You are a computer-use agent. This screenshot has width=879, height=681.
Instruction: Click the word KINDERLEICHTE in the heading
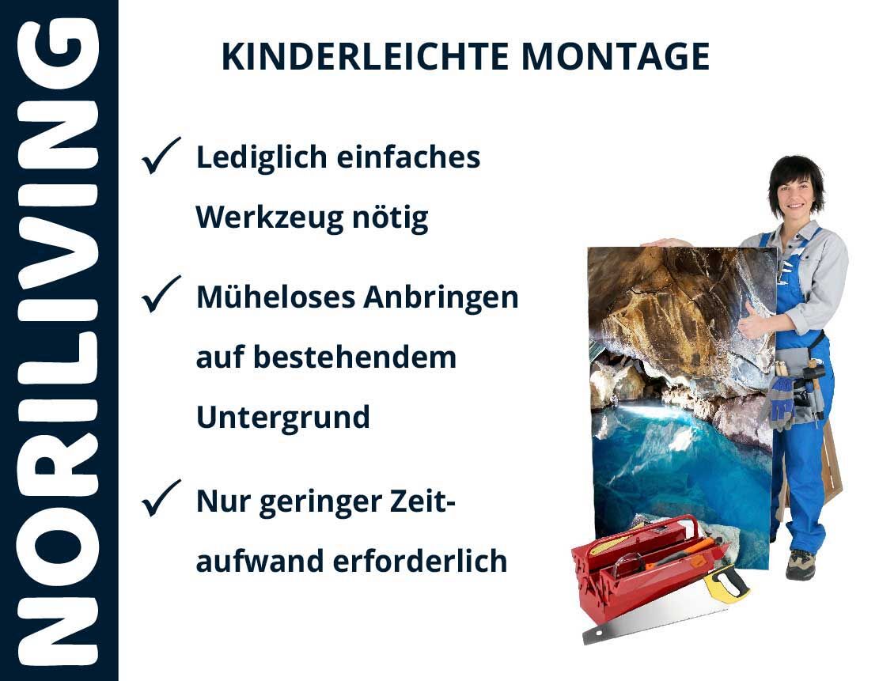pos(365,57)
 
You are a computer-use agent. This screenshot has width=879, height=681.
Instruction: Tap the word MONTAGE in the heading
pos(615,57)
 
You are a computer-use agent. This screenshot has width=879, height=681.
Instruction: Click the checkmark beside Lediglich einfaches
pos(161,156)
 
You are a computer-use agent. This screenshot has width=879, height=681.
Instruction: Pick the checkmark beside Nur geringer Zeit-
pos(161,498)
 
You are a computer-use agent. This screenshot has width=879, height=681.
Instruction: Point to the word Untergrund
pos(283,418)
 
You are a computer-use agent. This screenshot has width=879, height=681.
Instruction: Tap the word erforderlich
pos(420,561)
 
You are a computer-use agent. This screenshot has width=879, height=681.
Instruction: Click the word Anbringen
pos(441,297)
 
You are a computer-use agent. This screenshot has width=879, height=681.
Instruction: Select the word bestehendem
pos(355,357)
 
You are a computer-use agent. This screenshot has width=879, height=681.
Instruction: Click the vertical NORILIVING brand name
pos(59,342)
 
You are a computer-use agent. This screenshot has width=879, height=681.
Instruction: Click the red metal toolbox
pos(645,566)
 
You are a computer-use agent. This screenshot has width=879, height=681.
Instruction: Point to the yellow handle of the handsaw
pos(726,582)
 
